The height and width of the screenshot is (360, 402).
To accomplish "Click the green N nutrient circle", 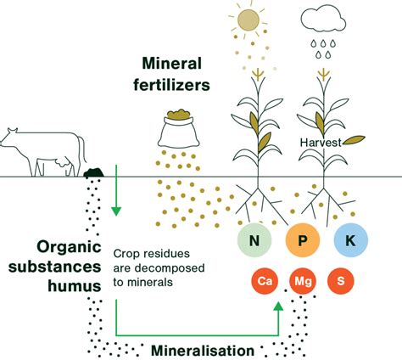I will click(x=254, y=241).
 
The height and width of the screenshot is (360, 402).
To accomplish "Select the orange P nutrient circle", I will click(x=302, y=241).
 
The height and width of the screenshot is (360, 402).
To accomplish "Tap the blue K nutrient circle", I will click(x=350, y=241).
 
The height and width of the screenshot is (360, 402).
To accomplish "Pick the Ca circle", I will click(x=263, y=279).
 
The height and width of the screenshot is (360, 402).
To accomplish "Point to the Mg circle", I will click(x=302, y=279).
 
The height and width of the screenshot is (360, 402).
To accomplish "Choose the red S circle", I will click(x=341, y=279).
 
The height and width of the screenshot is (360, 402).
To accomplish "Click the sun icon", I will click(x=249, y=20).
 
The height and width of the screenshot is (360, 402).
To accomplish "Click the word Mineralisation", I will click(x=202, y=349).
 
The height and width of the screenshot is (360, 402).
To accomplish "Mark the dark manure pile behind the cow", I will click(x=93, y=173).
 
